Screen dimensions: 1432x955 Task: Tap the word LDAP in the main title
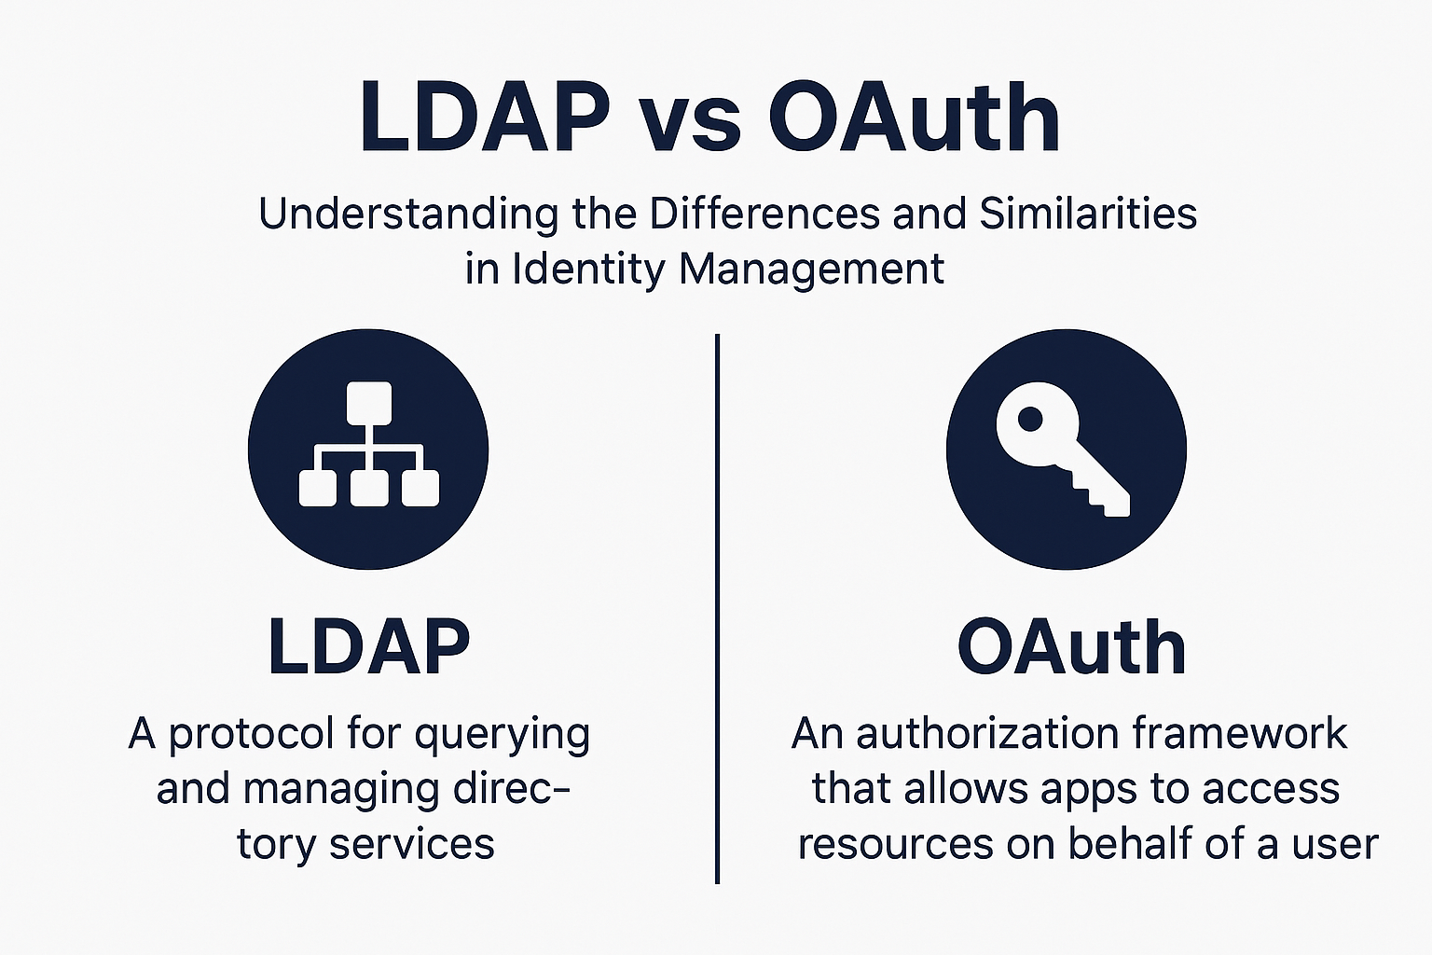pyautogui.click(x=485, y=116)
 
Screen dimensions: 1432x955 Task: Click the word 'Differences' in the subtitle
pyautogui.click(x=765, y=214)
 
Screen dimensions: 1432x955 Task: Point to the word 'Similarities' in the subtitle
pyautogui.click(x=1089, y=214)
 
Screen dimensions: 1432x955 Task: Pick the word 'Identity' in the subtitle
pyautogui.click(x=588, y=270)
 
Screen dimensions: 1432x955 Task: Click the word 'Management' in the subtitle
pyautogui.click(x=811, y=270)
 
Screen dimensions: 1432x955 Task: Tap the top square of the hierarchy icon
pyautogui.click(x=369, y=403)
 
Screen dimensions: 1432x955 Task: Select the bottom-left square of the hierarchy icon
pyautogui.click(x=318, y=488)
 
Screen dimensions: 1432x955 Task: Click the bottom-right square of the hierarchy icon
pyautogui.click(x=420, y=488)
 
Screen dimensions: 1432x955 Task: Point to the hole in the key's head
pyautogui.click(x=1030, y=420)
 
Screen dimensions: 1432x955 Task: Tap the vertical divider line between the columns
pyautogui.click(x=717, y=608)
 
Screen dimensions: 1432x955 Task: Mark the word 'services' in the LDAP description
pyautogui.click(x=412, y=844)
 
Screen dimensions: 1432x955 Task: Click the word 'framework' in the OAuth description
pyautogui.click(x=1240, y=733)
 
